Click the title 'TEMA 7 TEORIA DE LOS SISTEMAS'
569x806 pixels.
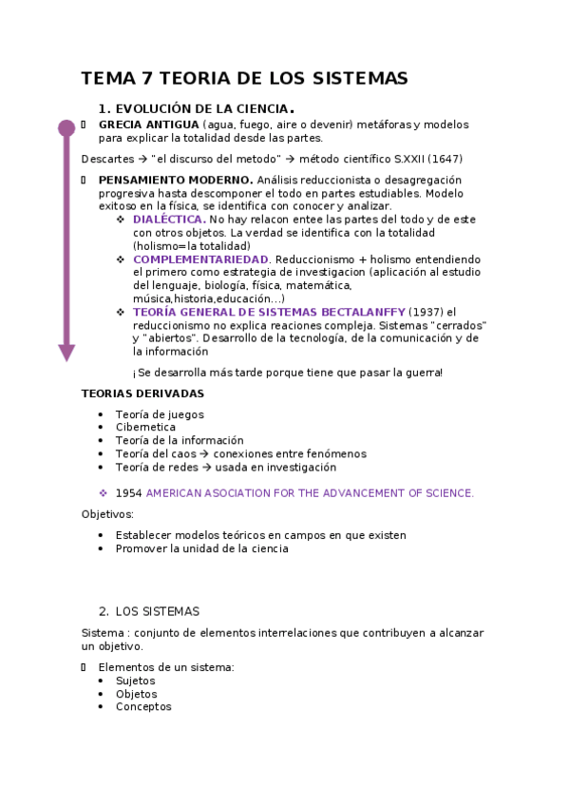pyautogui.click(x=244, y=78)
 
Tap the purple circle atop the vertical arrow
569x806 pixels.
pyautogui.click(x=66, y=128)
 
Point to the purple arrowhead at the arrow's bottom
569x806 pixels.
pyautogui.click(x=66, y=353)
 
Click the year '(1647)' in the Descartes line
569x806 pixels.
pyautogui.click(x=445, y=159)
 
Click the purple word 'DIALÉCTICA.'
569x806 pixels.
pyautogui.click(x=169, y=220)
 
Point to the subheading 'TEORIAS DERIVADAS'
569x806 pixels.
pyautogui.click(x=142, y=393)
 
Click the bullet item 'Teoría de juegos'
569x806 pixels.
pyautogui.click(x=160, y=414)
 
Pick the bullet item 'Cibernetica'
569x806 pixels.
pyautogui.click(x=145, y=428)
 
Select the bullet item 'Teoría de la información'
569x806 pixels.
pyautogui.click(x=180, y=441)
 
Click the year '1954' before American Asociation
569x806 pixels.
pyautogui.click(x=128, y=493)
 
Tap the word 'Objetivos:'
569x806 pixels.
pyautogui.click(x=107, y=514)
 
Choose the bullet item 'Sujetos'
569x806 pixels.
pyautogui.click(x=135, y=681)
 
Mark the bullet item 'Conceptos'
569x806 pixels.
pyautogui.click(x=143, y=707)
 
